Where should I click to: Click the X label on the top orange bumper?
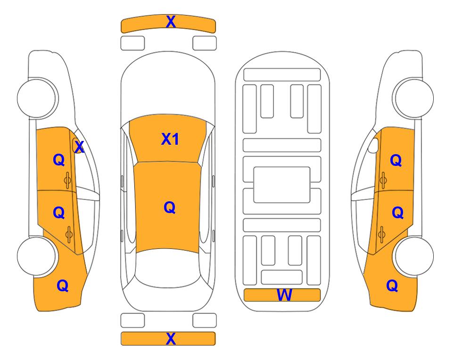(x=171, y=22)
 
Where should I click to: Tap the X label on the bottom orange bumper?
(x=171, y=338)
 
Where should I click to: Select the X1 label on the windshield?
(x=170, y=139)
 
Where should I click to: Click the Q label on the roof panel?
(x=170, y=207)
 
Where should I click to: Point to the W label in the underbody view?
(x=284, y=295)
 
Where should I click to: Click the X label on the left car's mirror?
(x=79, y=147)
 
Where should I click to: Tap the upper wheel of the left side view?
(x=36, y=98)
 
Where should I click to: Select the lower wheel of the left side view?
(x=36, y=256)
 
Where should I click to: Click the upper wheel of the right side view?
(x=414, y=98)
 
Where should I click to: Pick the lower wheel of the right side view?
(x=414, y=256)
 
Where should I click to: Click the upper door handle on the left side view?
(x=68, y=181)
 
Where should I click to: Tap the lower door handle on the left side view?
(x=69, y=234)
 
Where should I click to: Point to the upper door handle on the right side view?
(x=383, y=181)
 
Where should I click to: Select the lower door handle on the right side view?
(x=381, y=234)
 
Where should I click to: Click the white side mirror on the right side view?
(x=373, y=146)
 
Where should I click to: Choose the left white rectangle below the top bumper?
(x=132, y=43)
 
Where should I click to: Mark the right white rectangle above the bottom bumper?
(x=205, y=321)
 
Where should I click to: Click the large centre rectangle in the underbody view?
(x=282, y=185)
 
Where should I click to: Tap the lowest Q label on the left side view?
(x=63, y=286)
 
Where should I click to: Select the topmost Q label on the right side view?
(x=396, y=160)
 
